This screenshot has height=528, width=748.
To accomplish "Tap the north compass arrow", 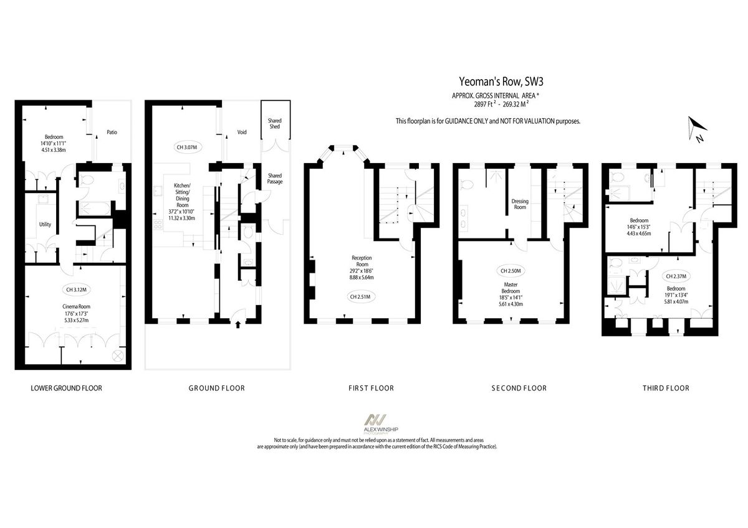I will (694, 129).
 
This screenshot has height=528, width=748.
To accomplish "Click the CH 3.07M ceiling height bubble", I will (185, 148).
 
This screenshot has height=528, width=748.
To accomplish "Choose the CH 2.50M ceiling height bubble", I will (511, 271).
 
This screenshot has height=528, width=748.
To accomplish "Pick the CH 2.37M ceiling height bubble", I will (676, 276).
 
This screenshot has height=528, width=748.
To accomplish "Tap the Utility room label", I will (45, 225).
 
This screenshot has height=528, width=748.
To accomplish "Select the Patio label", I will (112, 132).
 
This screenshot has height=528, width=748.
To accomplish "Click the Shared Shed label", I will (275, 123).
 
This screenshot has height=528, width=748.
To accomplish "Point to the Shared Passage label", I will (275, 178).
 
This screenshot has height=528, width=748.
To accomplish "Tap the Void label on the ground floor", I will (242, 132).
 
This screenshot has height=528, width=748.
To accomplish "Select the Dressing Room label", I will (520, 204).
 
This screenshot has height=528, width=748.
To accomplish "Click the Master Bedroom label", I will (511, 290).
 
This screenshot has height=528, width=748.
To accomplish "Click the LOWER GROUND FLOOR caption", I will (66, 388).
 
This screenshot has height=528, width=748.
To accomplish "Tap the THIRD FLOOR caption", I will (666, 388).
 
